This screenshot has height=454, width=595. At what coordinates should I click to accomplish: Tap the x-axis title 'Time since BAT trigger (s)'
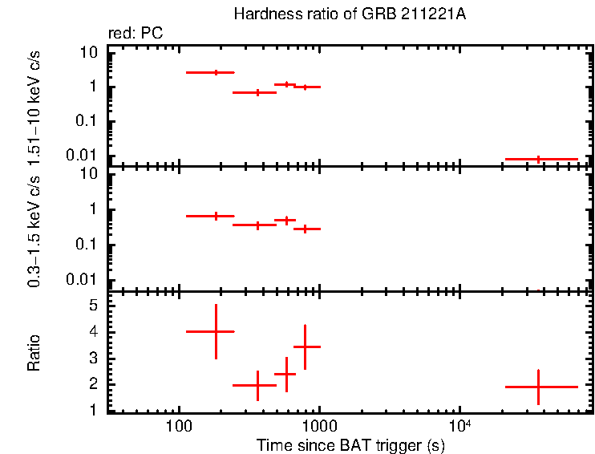(350, 444)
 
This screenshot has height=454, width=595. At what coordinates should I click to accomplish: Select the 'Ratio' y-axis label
(34, 352)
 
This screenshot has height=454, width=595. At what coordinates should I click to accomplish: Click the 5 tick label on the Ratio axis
(93, 306)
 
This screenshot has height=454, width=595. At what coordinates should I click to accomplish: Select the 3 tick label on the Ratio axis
(93, 359)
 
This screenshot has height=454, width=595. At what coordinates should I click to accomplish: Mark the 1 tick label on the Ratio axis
(93, 411)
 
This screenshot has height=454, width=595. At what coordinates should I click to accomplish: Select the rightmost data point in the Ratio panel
(538, 387)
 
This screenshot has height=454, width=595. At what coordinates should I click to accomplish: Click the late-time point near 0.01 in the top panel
(538, 159)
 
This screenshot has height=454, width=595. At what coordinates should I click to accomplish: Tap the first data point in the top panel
(216, 72)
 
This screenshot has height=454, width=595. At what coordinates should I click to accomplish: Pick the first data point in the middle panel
(216, 216)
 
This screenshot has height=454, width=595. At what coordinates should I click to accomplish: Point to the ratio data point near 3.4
(305, 347)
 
